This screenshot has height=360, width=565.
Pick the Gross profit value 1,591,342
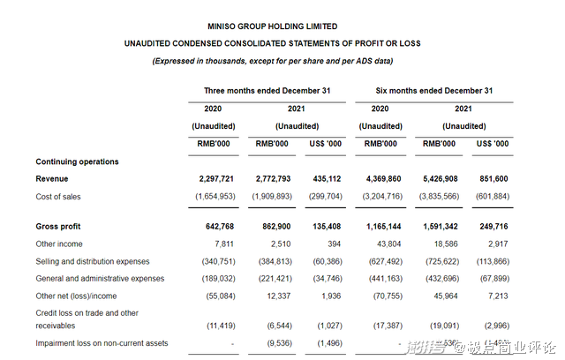point(436,228)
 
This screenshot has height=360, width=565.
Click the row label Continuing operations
point(77,161)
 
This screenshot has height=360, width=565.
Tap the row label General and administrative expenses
point(100,278)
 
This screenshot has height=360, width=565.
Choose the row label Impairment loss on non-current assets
point(102,343)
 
